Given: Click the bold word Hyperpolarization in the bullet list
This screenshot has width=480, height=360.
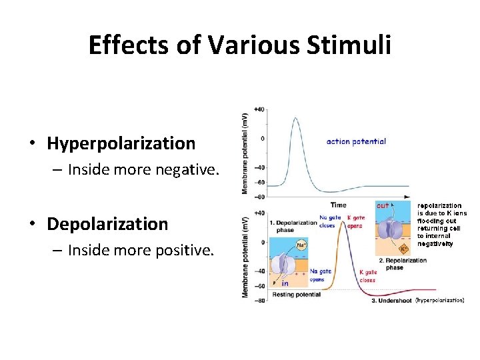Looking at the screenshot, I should pyautogui.click(x=121, y=143).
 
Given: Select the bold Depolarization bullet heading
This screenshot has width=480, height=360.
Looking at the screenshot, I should pyautogui.click(x=107, y=224).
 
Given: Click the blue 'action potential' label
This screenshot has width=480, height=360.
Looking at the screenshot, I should pyautogui.click(x=356, y=141).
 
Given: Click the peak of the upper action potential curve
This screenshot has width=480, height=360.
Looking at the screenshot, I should pyautogui.click(x=295, y=118).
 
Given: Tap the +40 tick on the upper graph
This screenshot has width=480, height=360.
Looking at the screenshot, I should pyautogui.click(x=259, y=109).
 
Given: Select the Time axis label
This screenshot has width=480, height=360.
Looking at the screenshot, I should pyautogui.click(x=338, y=205).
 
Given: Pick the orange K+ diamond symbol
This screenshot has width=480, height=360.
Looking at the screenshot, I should pyautogui.click(x=403, y=249).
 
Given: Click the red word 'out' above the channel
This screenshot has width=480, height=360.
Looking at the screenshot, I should pyautogui.click(x=383, y=205).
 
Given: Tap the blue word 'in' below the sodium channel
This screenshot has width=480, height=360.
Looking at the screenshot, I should pyautogui.click(x=284, y=283).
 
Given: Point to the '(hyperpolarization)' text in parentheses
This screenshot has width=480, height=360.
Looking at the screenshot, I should pyautogui.click(x=440, y=301).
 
